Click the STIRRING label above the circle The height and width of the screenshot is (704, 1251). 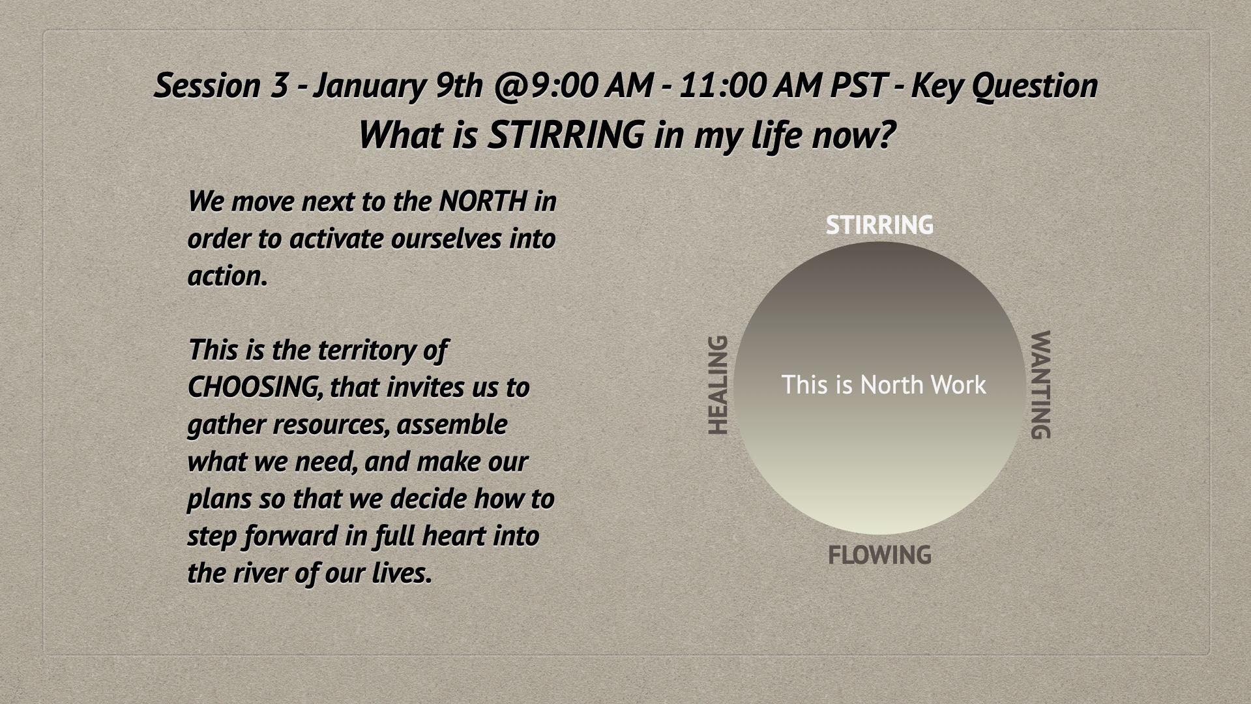[x=879, y=225]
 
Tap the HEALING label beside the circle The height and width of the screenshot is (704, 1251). [x=718, y=385]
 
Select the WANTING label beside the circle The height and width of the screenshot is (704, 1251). [x=1040, y=385]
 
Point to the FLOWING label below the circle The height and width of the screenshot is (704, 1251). [x=879, y=555]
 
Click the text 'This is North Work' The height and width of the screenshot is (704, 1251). [x=883, y=385]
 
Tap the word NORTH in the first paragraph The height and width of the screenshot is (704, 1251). [x=483, y=201]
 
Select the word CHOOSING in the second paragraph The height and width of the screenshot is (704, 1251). [x=255, y=387]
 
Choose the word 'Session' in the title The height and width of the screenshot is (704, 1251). [x=207, y=85]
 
